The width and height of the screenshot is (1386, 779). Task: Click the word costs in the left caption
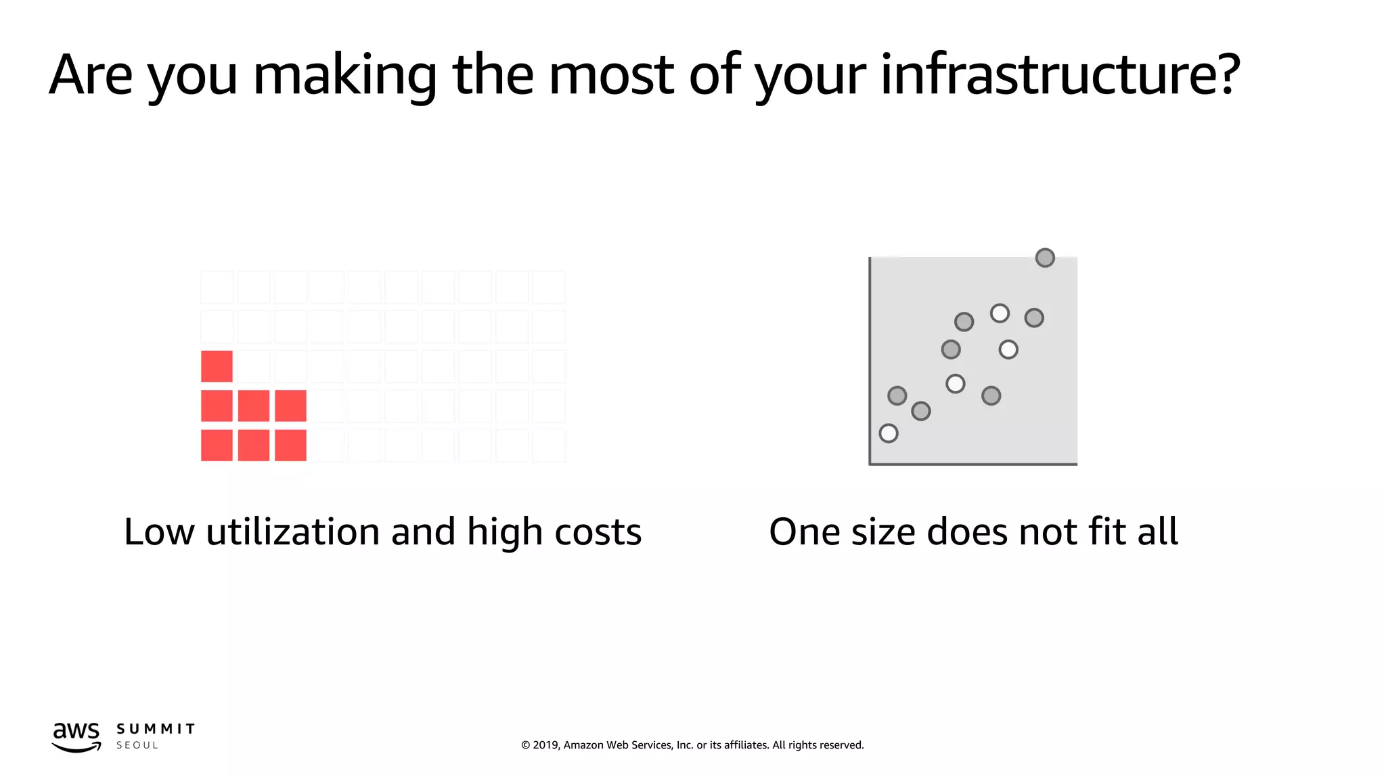click(598, 533)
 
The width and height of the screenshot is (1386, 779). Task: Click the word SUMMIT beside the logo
click(156, 729)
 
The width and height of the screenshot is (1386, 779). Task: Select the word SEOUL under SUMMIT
click(137, 745)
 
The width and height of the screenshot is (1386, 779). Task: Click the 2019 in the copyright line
click(546, 745)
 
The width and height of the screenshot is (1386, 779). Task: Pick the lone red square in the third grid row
click(217, 366)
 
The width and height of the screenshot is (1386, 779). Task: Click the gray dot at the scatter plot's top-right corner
click(1045, 258)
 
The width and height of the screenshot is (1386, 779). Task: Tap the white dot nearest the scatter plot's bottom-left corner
click(889, 433)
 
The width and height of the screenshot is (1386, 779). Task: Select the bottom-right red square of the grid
click(290, 445)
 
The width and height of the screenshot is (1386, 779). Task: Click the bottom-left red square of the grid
click(217, 445)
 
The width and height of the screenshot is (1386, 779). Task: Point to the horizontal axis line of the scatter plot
click(973, 464)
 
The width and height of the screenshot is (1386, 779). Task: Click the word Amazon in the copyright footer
click(583, 745)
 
